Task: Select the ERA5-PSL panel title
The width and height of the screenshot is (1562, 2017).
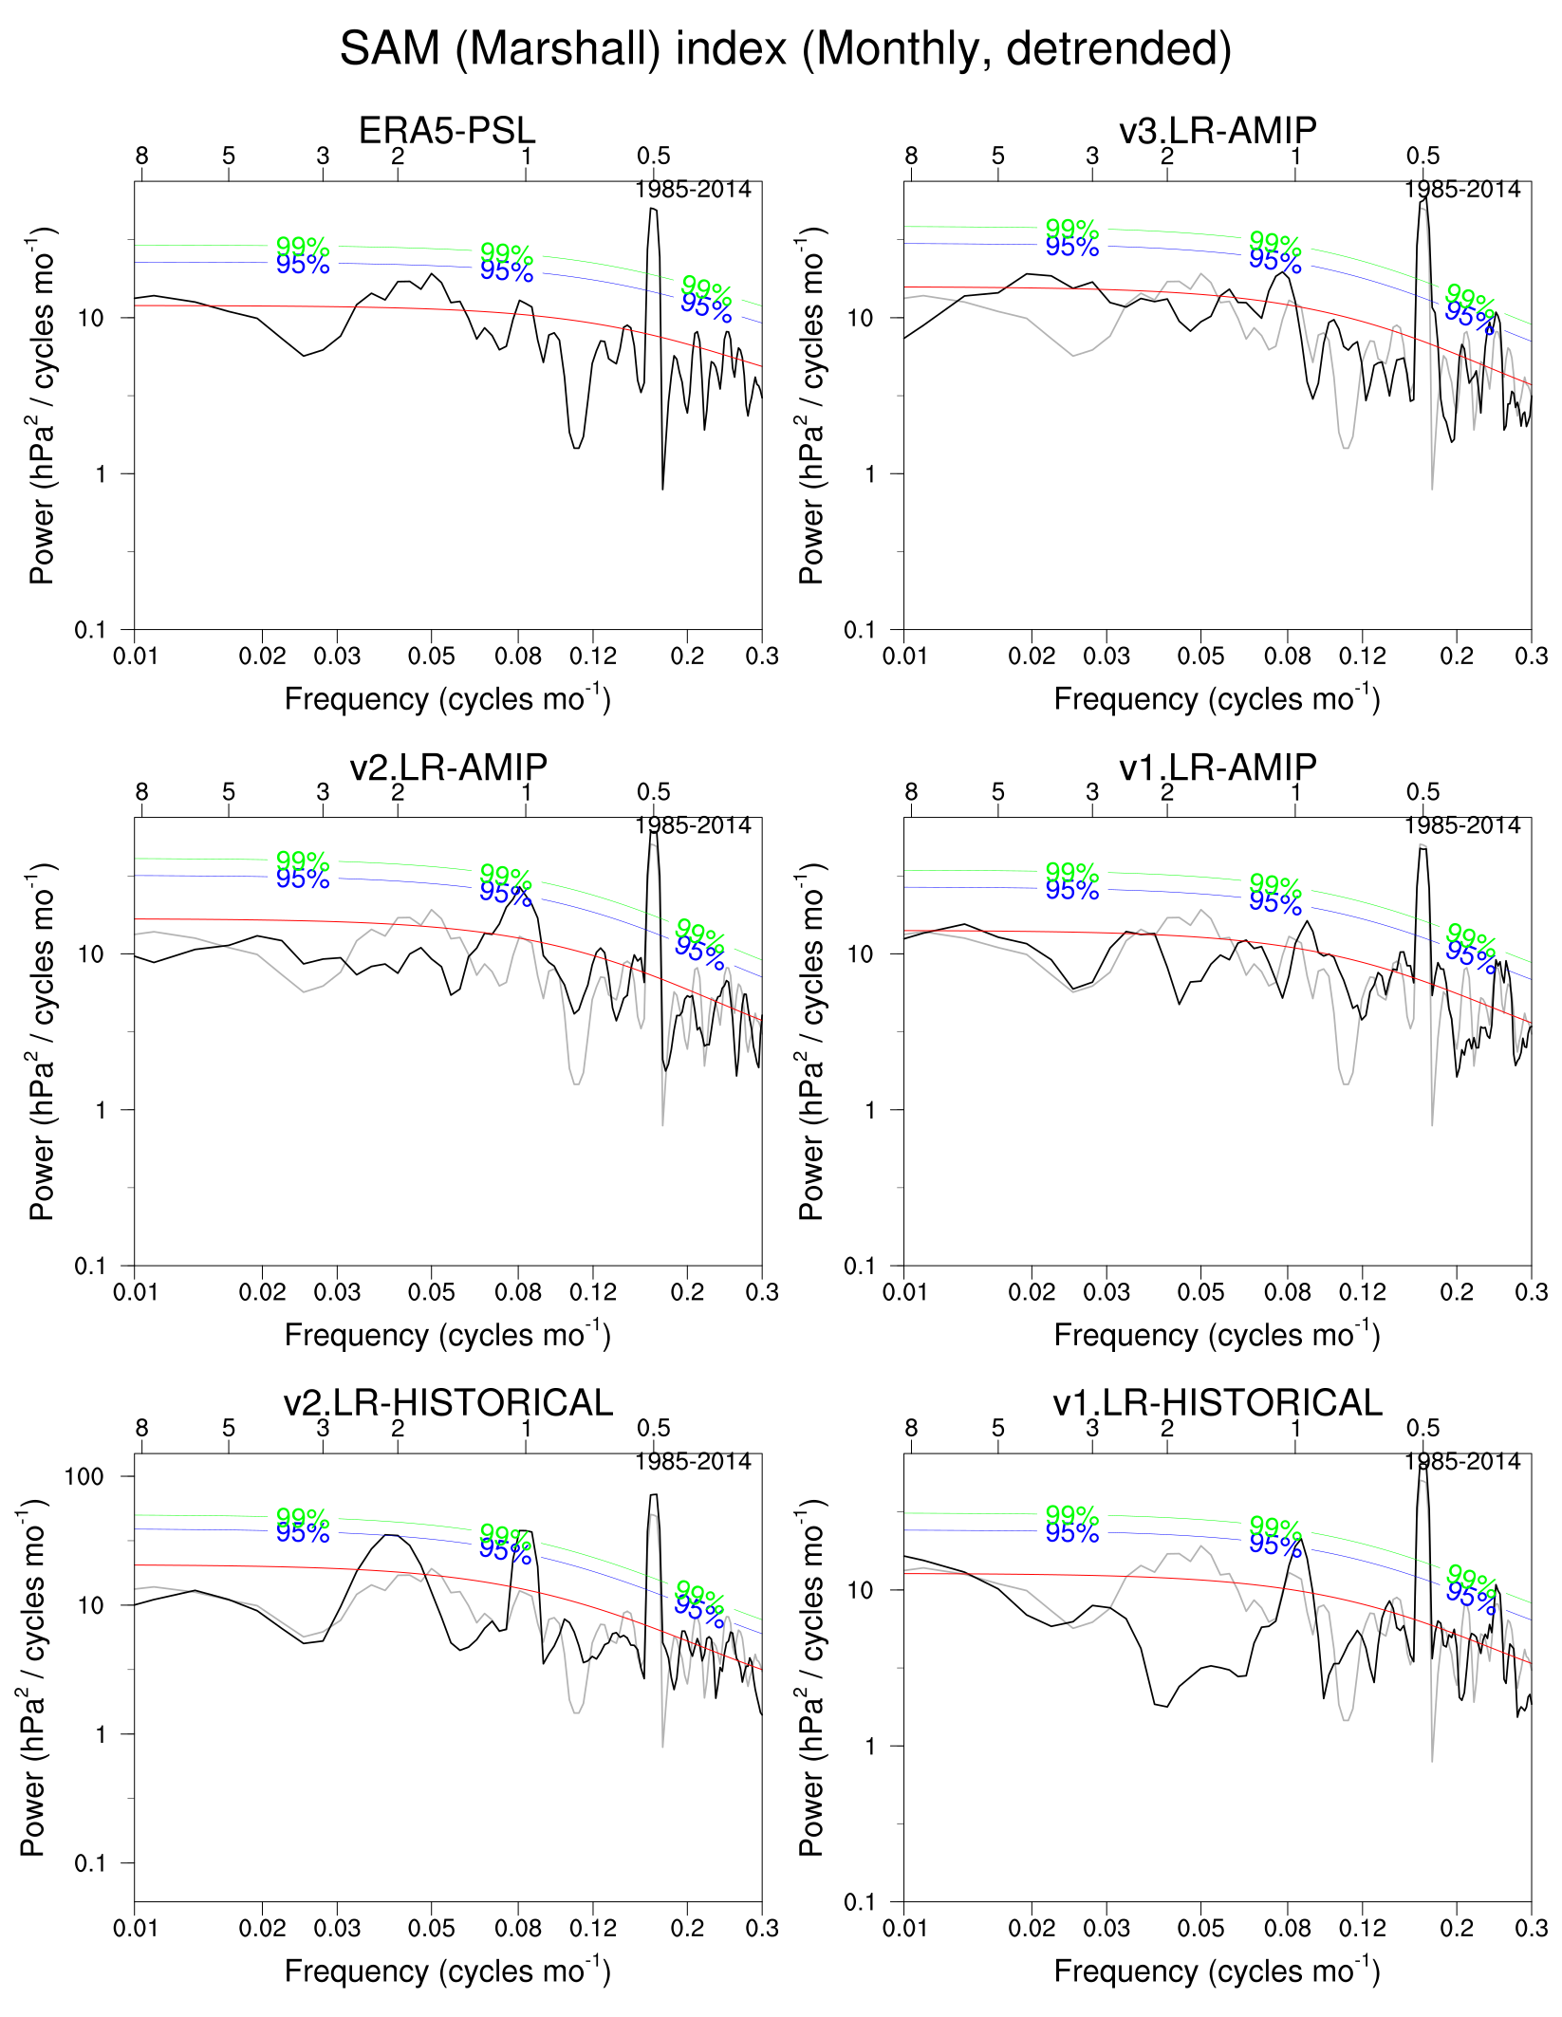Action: click(x=447, y=131)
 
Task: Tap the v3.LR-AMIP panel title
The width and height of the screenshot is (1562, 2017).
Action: click(x=1218, y=131)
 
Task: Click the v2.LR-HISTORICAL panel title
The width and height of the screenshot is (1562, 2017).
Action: click(x=448, y=1403)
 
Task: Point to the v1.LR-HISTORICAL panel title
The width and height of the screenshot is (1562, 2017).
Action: click(x=1218, y=1403)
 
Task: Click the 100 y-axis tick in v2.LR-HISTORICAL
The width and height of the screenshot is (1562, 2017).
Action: click(x=84, y=1476)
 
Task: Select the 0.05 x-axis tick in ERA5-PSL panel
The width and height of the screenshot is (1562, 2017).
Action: click(x=432, y=656)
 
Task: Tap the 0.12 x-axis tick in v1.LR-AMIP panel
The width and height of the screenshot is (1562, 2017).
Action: click(x=1363, y=1292)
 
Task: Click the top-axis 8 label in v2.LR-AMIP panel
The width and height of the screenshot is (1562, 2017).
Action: click(x=141, y=792)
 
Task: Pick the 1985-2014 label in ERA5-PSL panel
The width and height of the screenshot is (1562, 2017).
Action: click(x=693, y=190)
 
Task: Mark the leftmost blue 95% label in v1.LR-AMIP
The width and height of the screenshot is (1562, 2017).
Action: click(x=1072, y=891)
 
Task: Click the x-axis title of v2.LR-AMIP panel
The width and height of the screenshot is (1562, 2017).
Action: click(x=447, y=1335)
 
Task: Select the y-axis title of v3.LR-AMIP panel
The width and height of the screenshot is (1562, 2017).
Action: click(x=812, y=406)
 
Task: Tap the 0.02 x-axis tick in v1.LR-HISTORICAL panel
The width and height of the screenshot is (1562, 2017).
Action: click(x=1032, y=1928)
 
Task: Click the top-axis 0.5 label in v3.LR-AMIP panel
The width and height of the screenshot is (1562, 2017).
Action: click(x=1423, y=156)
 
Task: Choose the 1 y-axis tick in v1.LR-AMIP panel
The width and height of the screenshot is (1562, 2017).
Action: click(x=870, y=1110)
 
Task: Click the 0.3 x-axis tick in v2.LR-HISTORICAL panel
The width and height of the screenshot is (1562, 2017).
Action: click(x=762, y=1928)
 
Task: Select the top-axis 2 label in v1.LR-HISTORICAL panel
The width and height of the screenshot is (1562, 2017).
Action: click(x=1167, y=1428)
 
